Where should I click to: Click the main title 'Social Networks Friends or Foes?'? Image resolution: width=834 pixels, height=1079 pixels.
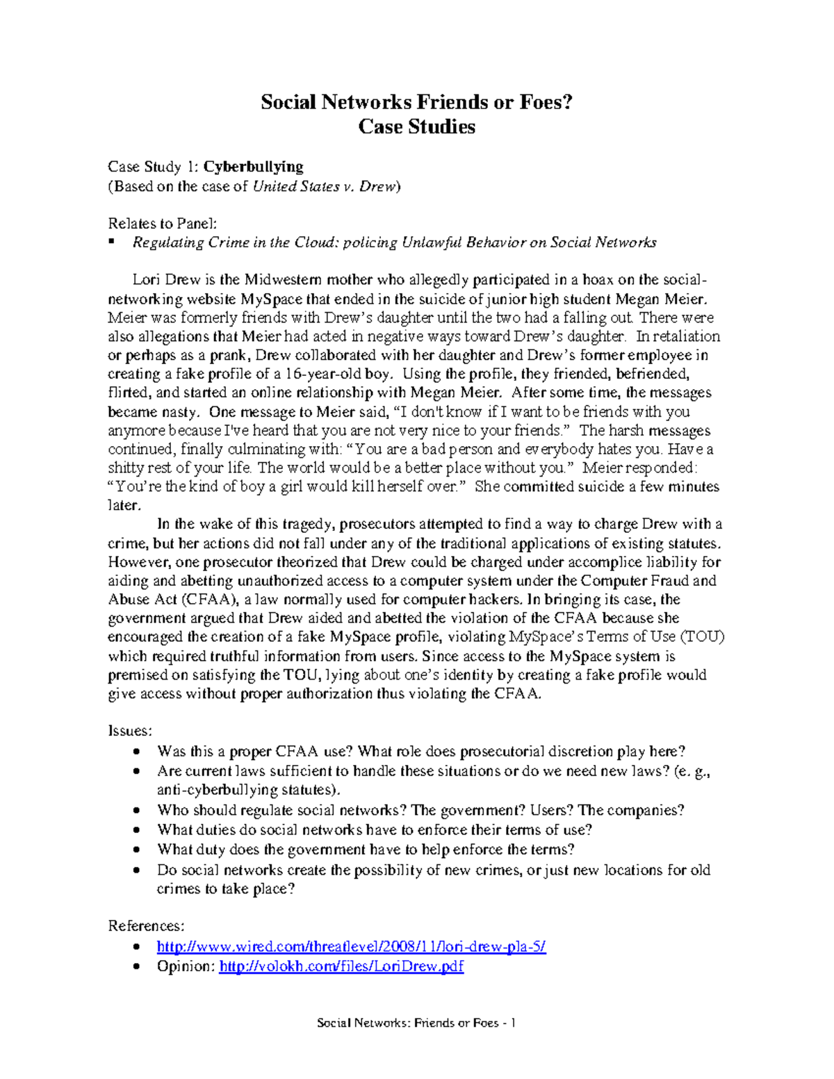point(416,102)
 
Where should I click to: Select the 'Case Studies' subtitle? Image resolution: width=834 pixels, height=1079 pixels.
point(416,126)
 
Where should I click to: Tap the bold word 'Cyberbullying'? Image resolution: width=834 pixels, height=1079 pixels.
point(253,167)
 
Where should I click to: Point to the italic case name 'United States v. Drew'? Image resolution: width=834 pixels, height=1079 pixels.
point(324,186)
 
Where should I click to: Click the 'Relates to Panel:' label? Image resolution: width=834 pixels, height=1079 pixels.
point(163,223)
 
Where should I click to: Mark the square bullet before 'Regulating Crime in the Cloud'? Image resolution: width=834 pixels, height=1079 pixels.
point(111,242)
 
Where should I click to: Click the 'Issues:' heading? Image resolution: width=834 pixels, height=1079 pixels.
point(130,731)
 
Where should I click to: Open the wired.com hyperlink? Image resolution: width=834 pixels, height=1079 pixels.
point(352,946)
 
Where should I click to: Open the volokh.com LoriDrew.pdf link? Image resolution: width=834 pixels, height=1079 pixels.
point(341,966)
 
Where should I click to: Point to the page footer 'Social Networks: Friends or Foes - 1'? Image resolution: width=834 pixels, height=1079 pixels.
point(416,1023)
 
